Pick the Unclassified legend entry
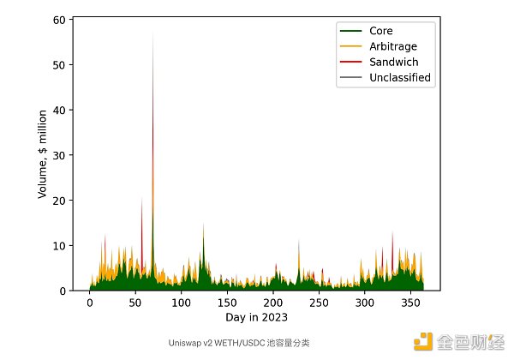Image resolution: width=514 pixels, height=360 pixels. [399, 78]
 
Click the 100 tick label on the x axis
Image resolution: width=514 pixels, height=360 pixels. [181, 303]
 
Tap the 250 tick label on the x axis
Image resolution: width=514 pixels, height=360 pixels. [319, 303]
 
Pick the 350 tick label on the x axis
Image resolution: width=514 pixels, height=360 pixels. [410, 303]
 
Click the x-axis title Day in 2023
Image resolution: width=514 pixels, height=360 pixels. [258, 318]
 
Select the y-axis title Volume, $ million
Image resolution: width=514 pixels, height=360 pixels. [42, 154]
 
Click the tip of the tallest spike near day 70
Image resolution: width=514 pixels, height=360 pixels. [153, 31]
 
